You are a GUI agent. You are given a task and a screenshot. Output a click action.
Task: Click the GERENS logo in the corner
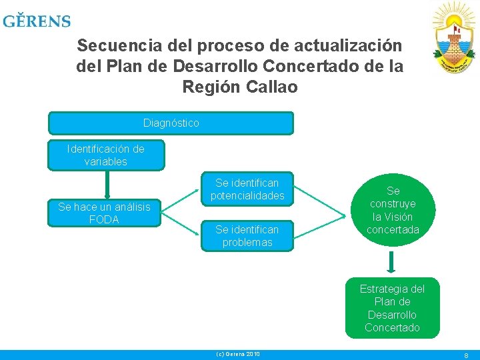pos(37,21)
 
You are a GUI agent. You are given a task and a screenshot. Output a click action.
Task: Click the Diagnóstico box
pos(171,123)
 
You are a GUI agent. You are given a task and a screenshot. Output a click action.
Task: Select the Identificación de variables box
pos(106,155)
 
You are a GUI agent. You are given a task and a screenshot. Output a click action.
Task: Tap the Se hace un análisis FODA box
pos(104,213)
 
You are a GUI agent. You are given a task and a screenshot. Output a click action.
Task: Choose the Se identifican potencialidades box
pos(247,189)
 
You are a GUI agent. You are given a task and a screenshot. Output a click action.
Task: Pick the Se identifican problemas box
pos(247,236)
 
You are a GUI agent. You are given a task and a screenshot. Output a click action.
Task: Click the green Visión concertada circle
pos(392,210)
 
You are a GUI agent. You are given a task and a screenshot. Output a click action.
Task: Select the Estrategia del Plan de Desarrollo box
pos(392,308)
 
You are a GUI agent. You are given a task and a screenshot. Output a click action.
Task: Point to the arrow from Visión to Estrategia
pos(392,261)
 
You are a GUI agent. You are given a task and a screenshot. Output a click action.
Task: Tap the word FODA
pos(104,220)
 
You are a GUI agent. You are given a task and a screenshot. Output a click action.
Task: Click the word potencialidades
pos(247,196)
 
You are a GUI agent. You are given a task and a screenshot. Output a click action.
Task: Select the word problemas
pos(247,243)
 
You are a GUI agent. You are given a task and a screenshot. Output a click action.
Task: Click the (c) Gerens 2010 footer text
pos(238,354)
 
